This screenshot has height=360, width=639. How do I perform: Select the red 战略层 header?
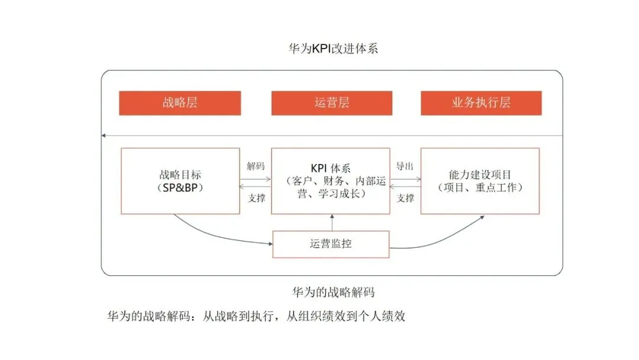pyautogui.click(x=180, y=102)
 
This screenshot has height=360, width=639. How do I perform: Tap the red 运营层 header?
pyautogui.click(x=331, y=102)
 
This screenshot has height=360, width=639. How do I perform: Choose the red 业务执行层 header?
pyautogui.click(x=480, y=102)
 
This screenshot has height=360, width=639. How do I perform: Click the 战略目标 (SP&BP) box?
pyautogui.click(x=180, y=181)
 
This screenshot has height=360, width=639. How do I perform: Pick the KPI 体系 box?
pyautogui.click(x=330, y=181)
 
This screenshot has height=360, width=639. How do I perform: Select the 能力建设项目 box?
pyautogui.click(x=479, y=181)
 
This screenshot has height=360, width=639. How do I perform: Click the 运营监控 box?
pyautogui.click(x=330, y=244)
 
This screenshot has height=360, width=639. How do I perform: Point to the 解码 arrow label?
pyautogui.click(x=256, y=166)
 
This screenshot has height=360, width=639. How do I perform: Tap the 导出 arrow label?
pyautogui.click(x=405, y=166)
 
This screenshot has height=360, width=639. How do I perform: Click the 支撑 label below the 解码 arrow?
pyautogui.click(x=256, y=198)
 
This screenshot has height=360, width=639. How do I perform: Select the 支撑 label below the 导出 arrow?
pyautogui.click(x=405, y=198)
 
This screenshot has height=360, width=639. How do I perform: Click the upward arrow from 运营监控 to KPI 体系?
pyautogui.click(x=332, y=223)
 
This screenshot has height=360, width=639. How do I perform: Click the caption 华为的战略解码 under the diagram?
pyautogui.click(x=333, y=292)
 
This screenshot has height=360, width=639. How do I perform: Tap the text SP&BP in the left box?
pyautogui.click(x=180, y=188)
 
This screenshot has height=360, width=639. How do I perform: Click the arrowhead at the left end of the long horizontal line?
pyautogui.click(x=104, y=136)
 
